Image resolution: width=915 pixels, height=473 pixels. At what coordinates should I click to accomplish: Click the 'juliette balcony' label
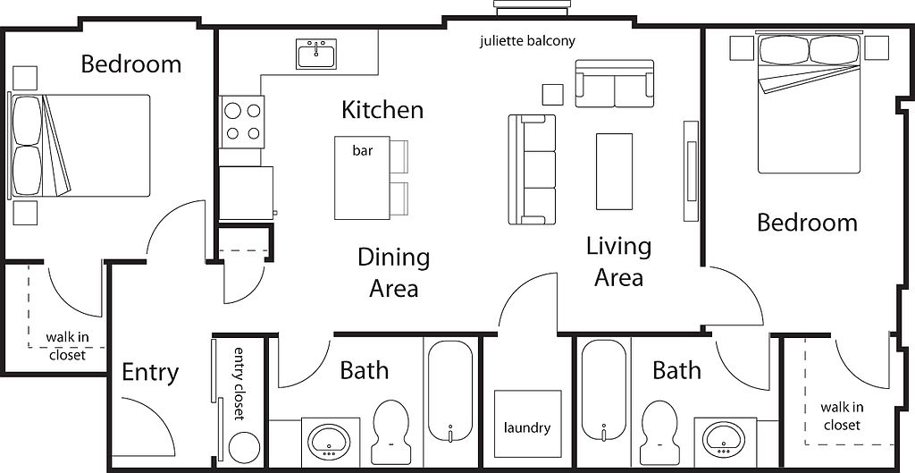(x=526, y=41)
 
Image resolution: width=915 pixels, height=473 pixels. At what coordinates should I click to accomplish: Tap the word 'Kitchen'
(x=382, y=111)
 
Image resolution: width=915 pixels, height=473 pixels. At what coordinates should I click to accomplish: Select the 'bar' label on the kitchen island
(x=362, y=151)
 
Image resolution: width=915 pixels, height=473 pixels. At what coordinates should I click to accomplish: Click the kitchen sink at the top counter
(x=316, y=54)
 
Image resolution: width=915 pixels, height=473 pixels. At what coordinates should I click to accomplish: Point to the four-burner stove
(x=242, y=122)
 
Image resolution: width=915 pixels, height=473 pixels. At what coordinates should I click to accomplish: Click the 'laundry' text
(x=527, y=427)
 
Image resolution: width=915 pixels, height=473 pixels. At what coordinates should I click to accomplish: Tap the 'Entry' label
(x=150, y=372)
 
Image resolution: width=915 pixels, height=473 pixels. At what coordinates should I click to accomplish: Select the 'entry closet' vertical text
(x=239, y=382)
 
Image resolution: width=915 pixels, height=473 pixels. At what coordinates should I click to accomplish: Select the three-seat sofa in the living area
(x=533, y=169)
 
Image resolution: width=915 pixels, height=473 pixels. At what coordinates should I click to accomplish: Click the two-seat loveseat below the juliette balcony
(x=614, y=83)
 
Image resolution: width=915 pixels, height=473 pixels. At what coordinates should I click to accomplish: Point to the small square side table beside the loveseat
(x=553, y=94)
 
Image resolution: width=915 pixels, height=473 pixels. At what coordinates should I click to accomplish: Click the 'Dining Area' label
(x=393, y=273)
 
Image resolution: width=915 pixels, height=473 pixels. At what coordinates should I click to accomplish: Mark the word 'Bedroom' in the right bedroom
(x=807, y=223)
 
